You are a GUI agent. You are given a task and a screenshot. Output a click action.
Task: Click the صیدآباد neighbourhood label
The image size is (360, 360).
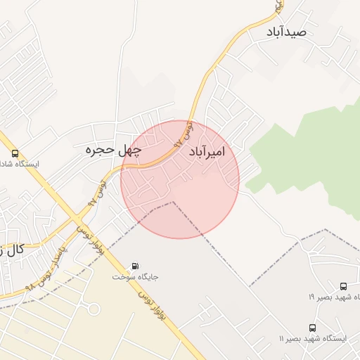pos(287,32)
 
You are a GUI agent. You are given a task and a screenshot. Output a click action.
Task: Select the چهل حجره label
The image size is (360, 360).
pos(113,150)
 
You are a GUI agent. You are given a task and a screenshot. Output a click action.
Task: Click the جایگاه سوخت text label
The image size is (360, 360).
pos(136,276)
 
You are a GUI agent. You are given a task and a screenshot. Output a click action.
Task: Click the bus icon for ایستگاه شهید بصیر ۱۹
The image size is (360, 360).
pos(343,286)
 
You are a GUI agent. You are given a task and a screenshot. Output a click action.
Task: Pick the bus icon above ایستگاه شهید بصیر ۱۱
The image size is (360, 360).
pos(312,328)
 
